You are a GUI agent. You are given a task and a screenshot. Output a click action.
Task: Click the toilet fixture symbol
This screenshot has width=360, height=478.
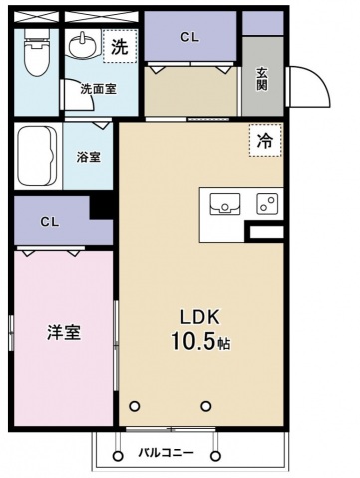[x=37, y=53]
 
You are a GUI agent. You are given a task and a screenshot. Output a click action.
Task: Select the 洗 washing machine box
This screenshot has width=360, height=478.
[x=120, y=46]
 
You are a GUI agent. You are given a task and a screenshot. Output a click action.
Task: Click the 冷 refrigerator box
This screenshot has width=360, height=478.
[x=265, y=141]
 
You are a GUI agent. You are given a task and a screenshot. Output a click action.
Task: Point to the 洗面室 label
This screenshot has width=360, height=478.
[x=99, y=89]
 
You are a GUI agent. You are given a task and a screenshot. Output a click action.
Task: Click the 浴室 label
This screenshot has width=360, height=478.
[x=89, y=157]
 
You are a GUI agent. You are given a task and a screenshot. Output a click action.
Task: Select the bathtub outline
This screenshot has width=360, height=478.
[x=37, y=156]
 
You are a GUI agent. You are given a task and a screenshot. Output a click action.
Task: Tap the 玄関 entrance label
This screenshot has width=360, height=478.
[x=262, y=80]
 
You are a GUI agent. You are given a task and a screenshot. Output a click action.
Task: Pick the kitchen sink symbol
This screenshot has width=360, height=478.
[x=225, y=204]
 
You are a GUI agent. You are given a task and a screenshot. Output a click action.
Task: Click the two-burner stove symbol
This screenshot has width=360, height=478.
[x=267, y=204]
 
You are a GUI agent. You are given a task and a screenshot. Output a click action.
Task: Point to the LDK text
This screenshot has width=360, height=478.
[x=200, y=317]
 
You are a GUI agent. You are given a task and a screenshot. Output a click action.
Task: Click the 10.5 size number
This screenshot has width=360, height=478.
[x=191, y=341]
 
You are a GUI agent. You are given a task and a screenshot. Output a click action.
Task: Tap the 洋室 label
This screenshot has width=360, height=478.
[x=64, y=332]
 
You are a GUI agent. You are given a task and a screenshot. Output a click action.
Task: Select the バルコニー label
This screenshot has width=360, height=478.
[x=166, y=453]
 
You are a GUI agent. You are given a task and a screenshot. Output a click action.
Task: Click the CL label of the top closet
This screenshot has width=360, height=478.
[x=189, y=37]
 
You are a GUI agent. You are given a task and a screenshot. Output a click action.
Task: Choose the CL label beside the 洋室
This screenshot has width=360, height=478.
[x=50, y=222]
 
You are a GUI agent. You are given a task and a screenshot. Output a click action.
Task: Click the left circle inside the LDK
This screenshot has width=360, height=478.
[x=134, y=406]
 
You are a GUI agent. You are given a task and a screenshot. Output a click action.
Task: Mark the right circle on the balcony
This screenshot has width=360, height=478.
[x=216, y=455]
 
